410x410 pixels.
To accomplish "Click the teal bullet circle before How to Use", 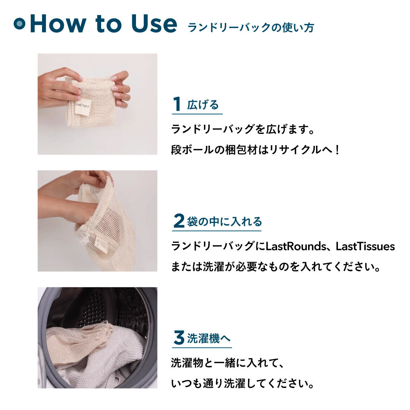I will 19,24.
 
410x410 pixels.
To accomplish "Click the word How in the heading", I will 55,24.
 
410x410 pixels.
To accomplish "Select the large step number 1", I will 177,104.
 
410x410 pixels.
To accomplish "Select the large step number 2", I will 179,221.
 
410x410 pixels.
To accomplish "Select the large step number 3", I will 179,339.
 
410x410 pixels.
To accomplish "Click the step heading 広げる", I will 203,105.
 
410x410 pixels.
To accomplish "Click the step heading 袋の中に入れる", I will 224,222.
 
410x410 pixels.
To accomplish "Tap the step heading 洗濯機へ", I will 209,339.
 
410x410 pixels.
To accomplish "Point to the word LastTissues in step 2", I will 365,246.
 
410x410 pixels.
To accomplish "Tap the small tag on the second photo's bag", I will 101,243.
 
